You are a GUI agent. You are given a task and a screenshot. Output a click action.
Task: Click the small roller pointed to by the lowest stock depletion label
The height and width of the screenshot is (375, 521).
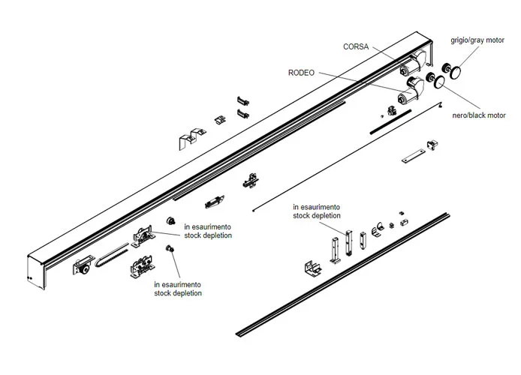click(171, 250)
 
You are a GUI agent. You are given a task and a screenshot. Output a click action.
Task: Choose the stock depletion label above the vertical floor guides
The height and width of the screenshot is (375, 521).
click(317, 211)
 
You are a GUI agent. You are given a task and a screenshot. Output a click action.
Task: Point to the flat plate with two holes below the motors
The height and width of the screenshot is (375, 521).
click(412, 158)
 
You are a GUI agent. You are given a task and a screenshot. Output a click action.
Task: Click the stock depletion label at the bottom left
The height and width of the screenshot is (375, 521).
click(177, 289)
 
